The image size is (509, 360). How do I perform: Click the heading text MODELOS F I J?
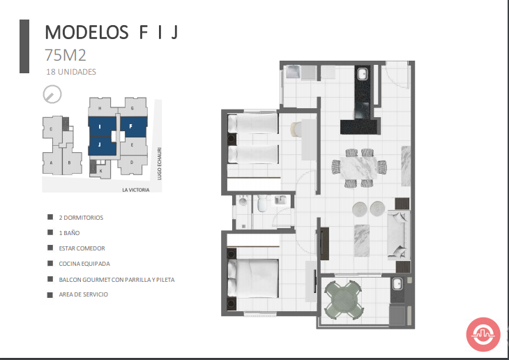tap(112, 32)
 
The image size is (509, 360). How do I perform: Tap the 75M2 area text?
tap(66, 55)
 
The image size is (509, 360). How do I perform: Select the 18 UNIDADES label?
tap(71, 72)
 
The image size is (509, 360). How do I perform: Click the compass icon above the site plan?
tap(52, 94)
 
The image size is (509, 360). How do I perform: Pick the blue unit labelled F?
tap(134, 126)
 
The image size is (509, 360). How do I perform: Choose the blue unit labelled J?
tap(102, 146)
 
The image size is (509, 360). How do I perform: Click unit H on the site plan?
tap(100, 107)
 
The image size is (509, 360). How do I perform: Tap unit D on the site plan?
tap(132, 163)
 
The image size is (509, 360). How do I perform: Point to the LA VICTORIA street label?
tap(136, 190)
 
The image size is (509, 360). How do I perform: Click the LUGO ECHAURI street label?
tap(159, 163)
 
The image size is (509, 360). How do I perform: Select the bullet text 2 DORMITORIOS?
tap(81, 218)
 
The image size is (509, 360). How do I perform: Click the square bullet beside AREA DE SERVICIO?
tap(50, 294)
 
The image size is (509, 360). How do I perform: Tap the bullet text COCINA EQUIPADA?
tap(84, 264)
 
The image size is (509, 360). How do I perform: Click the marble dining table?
tap(358, 167)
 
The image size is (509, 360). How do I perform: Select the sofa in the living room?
tap(398, 234)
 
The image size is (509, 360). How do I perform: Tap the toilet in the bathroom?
tap(261, 204)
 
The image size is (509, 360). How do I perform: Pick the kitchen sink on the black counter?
tap(363, 74)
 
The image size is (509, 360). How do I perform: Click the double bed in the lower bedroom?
tap(253, 278)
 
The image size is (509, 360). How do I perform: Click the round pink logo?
tap(483, 334)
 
